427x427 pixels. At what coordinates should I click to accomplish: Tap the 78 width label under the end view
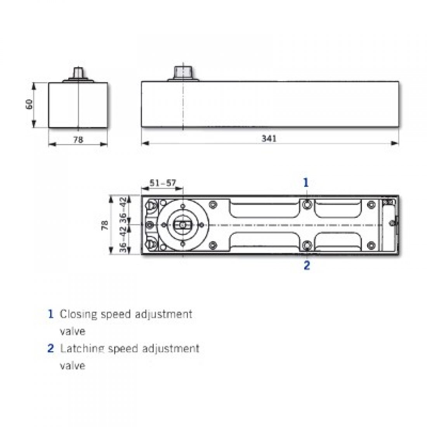coord(78,140)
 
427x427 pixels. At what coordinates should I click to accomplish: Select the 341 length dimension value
coord(269,139)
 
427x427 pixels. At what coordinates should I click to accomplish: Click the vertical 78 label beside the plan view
coord(104,225)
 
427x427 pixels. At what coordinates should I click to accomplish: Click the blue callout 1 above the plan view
coord(306,182)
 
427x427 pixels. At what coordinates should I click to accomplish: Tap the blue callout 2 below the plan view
coord(307,266)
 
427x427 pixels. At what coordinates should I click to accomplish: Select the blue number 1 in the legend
coord(50,314)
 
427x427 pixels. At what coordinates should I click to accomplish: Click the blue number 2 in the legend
coord(50,348)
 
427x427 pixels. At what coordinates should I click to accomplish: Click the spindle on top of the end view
coord(78,74)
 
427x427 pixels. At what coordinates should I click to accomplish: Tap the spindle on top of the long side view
coord(182,73)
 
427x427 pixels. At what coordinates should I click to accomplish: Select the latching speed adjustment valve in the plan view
coord(307,245)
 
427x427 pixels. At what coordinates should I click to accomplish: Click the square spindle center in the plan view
coord(181,225)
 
